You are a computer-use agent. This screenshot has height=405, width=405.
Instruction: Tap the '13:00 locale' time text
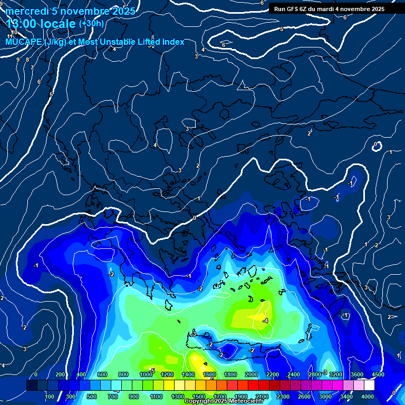[41, 24]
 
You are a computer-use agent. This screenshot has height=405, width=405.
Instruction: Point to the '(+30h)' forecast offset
[91, 24]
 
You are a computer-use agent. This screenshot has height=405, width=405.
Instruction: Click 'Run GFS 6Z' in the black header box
[293, 9]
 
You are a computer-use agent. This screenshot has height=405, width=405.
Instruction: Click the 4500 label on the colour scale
[378, 374]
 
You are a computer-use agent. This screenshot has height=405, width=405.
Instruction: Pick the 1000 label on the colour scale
[146, 374]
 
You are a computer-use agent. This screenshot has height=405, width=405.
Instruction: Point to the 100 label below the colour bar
[50, 397]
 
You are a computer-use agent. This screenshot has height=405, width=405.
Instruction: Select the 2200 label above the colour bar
[272, 374]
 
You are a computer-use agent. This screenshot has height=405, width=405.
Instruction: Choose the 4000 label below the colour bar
[368, 397]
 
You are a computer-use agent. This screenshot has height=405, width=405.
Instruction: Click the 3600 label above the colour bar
[356, 374]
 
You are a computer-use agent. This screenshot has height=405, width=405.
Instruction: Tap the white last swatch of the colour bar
[369, 385]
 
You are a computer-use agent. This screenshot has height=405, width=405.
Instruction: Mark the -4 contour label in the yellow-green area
[265, 321]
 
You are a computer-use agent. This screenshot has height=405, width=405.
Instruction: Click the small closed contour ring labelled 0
[376, 146]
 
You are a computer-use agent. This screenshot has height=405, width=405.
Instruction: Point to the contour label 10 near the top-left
[14, 47]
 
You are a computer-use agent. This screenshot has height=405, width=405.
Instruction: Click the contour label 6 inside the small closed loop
[223, 45]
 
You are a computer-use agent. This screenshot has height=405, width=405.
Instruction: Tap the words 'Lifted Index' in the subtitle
[158, 42]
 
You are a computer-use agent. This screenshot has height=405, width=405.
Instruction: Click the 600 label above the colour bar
[102, 374]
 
